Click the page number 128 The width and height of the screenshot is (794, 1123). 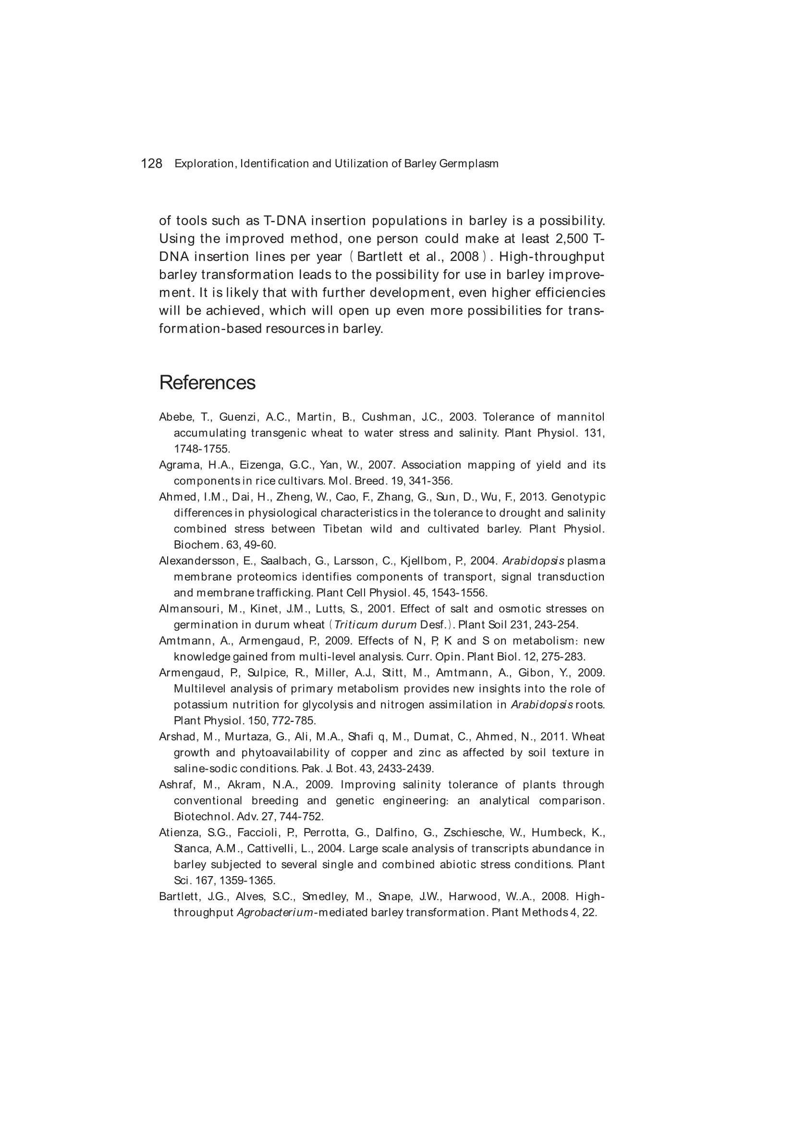151,163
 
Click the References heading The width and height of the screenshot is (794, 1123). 207,382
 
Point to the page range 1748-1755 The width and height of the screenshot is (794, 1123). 202,449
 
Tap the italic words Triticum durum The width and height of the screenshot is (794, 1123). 375,624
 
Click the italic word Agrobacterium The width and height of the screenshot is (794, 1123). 274,913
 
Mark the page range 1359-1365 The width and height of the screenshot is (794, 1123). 247,880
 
